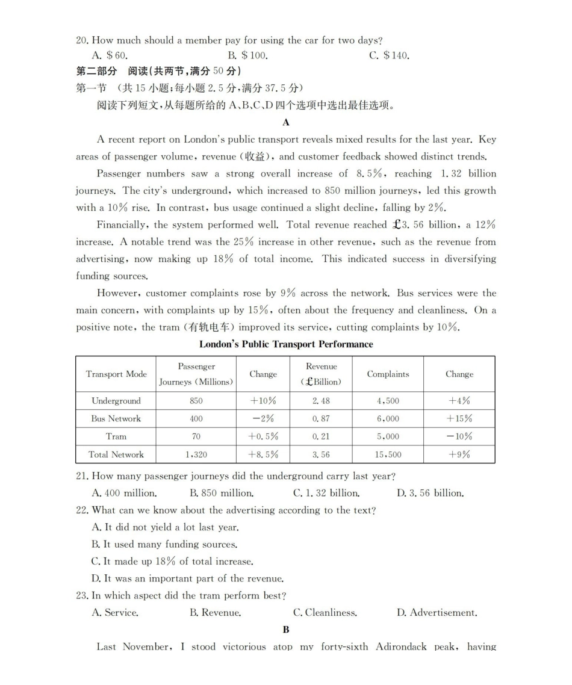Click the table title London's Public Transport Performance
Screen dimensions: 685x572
pyautogui.click(x=286, y=344)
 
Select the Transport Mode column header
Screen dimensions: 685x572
pyautogui.click(x=116, y=374)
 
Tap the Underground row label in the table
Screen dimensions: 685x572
pyautogui.click(x=116, y=401)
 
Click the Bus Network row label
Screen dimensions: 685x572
pyautogui.click(x=116, y=418)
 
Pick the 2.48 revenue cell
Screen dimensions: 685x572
pyautogui.click(x=321, y=401)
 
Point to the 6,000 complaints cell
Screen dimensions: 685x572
pyautogui.click(x=388, y=418)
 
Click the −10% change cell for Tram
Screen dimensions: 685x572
pyautogui.click(x=459, y=436)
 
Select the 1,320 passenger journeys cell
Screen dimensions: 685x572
pyautogui.click(x=196, y=454)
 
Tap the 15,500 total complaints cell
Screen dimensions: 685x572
pyautogui.click(x=388, y=454)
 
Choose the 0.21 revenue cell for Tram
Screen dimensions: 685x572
pyautogui.click(x=321, y=436)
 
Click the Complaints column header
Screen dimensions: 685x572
pyautogui.click(x=388, y=374)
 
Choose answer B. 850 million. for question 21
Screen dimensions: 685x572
pyautogui.click(x=221, y=493)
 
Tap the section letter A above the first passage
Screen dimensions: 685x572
pyautogui.click(x=286, y=122)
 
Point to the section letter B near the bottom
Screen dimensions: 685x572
pyautogui.click(x=286, y=630)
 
